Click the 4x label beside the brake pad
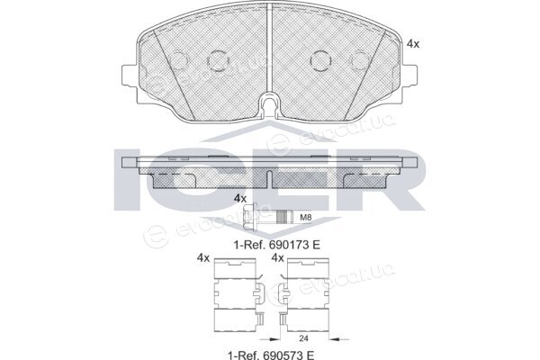(413, 44)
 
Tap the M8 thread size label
(306, 218)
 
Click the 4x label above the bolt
(240, 198)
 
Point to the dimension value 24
(303, 338)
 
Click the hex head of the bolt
(249, 217)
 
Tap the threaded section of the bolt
(283, 217)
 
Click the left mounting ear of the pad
(130, 76)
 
